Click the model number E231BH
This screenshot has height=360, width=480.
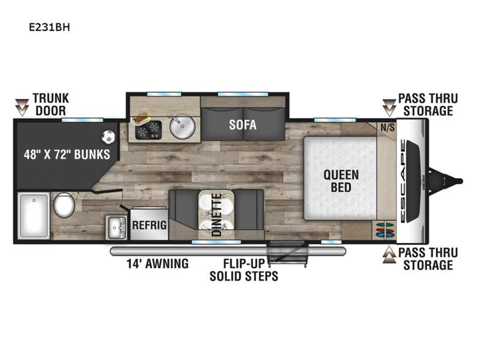click(x=49, y=27)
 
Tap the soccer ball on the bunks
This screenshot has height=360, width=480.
click(x=108, y=137)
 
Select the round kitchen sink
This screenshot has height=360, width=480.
click(x=182, y=127)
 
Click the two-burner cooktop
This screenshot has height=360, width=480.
click(x=148, y=130)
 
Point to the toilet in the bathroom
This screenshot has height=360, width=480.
click(x=64, y=205)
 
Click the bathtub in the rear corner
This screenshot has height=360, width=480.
click(x=34, y=216)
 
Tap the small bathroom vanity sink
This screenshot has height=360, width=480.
click(x=116, y=227)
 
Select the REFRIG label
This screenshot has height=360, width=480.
click(x=149, y=225)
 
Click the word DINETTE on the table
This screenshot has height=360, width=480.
click(x=217, y=215)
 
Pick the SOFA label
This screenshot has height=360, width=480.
click(x=243, y=125)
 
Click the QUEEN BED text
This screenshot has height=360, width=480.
click(x=341, y=181)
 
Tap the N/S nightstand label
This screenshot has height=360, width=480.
click(x=388, y=127)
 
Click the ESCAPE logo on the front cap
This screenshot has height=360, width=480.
click(x=403, y=181)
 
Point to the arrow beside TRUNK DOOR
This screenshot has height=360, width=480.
click(x=22, y=107)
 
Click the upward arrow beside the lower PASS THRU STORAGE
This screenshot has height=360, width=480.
click(x=389, y=254)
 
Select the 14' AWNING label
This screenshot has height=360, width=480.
click(x=158, y=263)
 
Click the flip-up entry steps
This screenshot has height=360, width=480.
click(x=287, y=253)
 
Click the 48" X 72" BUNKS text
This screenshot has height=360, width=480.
click(x=67, y=154)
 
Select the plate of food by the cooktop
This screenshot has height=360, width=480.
click(x=142, y=117)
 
